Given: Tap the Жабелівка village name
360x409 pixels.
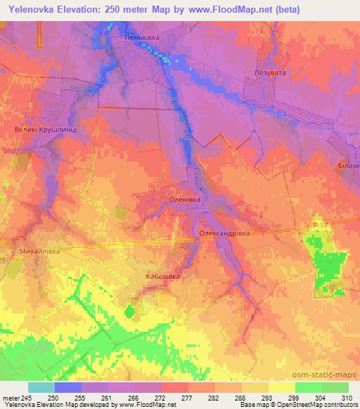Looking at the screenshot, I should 162,276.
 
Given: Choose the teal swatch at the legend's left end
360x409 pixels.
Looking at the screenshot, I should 41,387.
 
